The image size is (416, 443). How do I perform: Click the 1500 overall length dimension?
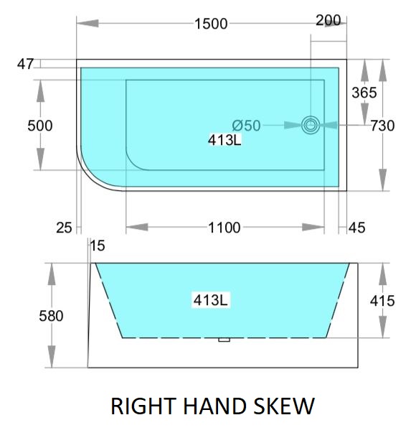tap(211, 24)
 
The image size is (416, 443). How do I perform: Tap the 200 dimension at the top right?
tap(328, 20)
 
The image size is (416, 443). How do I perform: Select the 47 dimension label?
tap(25, 64)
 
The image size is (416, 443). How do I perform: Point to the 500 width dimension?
tap(39, 126)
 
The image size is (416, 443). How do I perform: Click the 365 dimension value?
tap(364, 93)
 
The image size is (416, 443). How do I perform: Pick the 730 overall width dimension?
tap(382, 126)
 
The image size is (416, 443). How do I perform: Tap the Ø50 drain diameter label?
tap(246, 126)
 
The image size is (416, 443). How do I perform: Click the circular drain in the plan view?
tap(311, 125)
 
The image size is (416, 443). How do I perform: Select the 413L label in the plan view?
tap(224, 140)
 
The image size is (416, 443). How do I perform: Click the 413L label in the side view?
tap(211, 300)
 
